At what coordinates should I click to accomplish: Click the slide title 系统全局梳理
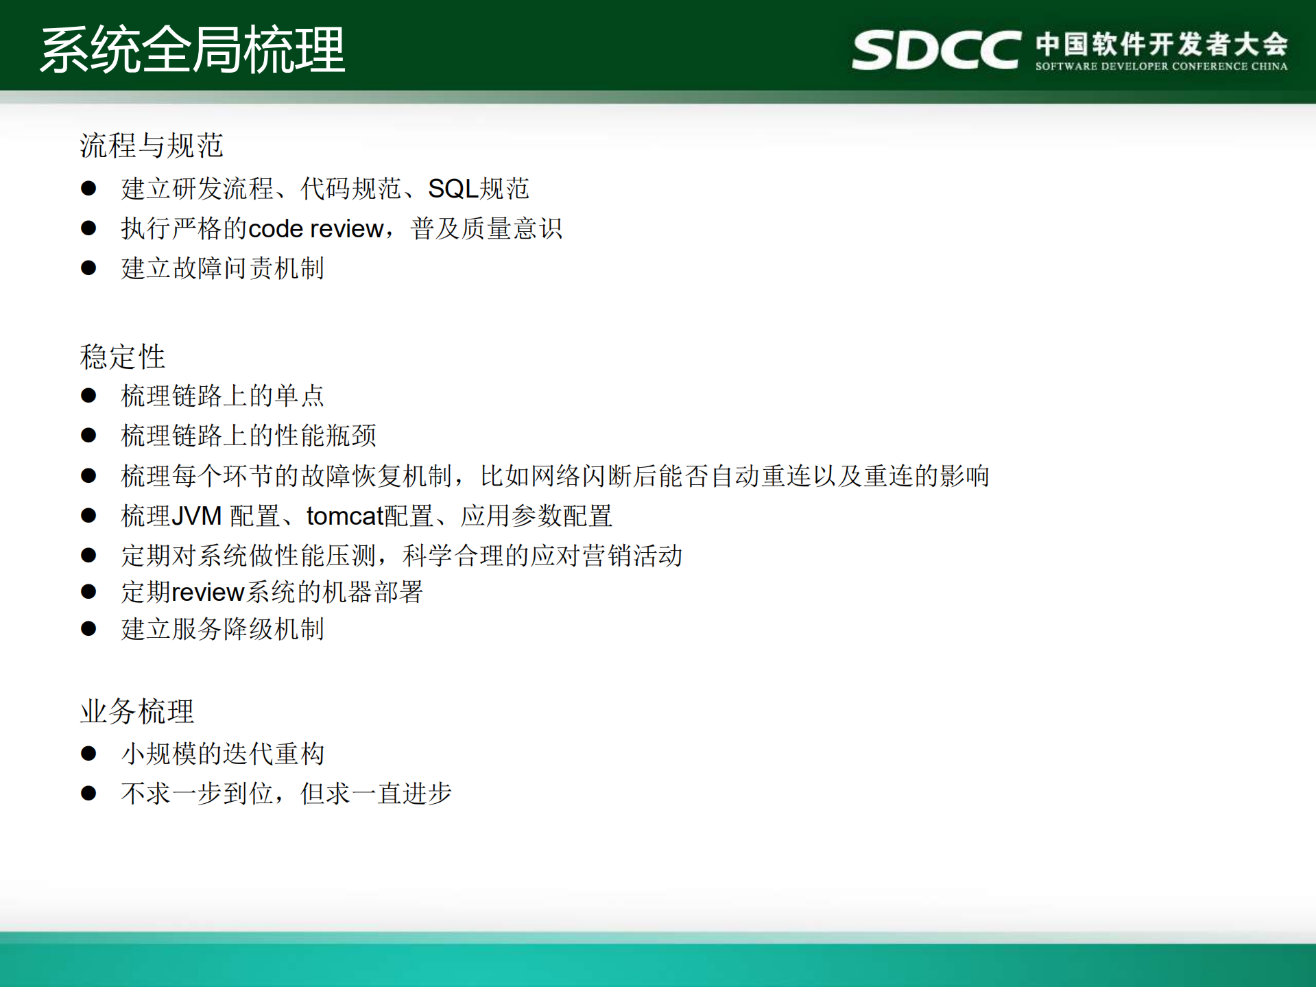coord(193,49)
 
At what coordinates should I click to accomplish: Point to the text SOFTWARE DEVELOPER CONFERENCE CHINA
coord(1161,67)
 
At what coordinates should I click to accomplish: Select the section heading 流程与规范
coord(152,145)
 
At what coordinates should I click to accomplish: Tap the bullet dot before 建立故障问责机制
coord(88,267)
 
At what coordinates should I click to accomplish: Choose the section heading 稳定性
coord(123,357)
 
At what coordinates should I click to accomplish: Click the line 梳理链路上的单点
coord(222,396)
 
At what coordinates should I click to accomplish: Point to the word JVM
coord(196,516)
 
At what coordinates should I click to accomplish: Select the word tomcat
coord(344,516)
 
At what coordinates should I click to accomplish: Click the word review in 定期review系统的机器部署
coord(208,592)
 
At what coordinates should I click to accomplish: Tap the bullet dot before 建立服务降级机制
coord(88,628)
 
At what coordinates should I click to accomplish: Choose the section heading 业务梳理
coord(137,711)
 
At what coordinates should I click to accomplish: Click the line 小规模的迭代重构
coord(222,754)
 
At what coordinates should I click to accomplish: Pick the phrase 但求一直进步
coord(376,794)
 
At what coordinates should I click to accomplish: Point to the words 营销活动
coord(632,556)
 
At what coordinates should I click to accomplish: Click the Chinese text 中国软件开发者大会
coord(1162,44)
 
